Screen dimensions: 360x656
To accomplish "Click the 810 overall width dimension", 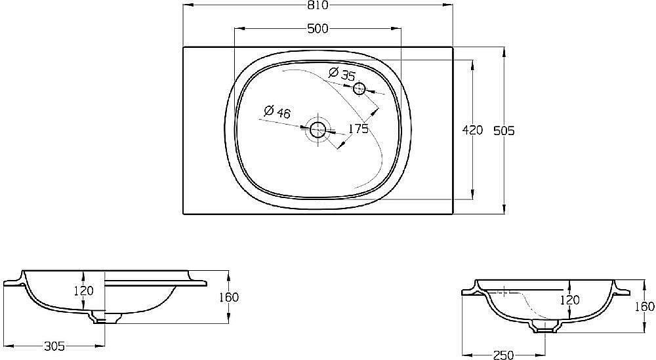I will [x=318, y=6].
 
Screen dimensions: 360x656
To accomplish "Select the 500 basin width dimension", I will [x=318, y=28].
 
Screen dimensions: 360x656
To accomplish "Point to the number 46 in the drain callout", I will [x=283, y=113].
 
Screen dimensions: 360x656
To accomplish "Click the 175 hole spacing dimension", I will [x=358, y=129].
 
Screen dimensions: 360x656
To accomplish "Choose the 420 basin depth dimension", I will [x=472, y=130].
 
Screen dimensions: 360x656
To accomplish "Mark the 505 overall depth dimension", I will [x=504, y=130].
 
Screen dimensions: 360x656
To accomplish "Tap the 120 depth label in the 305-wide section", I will [x=83, y=290].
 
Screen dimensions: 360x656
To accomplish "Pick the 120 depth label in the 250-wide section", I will [x=570, y=300].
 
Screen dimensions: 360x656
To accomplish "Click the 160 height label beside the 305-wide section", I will [x=229, y=297].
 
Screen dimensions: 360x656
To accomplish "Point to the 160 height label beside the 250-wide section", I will [x=646, y=306].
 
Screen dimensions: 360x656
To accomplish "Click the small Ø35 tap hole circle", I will [x=359, y=89].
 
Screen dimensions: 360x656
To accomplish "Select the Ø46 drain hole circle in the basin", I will [x=318, y=129].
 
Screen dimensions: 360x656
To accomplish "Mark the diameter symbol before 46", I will [x=268, y=111].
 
